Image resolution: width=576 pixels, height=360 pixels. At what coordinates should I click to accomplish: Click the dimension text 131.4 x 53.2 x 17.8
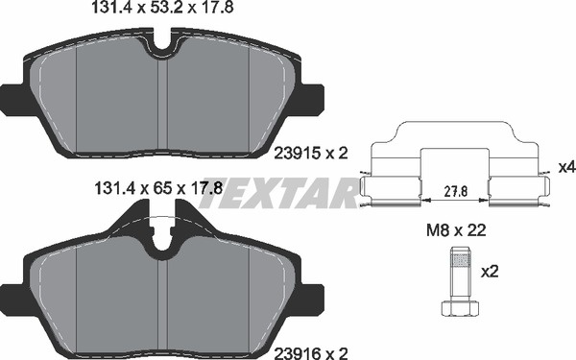pyautogui.click(x=162, y=8)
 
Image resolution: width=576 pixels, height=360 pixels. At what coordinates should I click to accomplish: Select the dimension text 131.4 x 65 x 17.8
pyautogui.click(x=158, y=189)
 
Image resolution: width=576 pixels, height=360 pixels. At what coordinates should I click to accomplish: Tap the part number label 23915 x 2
pyautogui.click(x=311, y=154)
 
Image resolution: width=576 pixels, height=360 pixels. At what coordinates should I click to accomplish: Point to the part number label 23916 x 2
pyautogui.click(x=311, y=353)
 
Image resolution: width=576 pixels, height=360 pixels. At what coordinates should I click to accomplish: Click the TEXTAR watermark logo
pyautogui.click(x=279, y=193)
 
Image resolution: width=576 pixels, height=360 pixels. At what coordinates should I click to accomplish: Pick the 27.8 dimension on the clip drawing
pyautogui.click(x=455, y=191)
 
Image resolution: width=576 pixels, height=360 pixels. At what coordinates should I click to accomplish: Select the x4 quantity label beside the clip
pyautogui.click(x=566, y=167)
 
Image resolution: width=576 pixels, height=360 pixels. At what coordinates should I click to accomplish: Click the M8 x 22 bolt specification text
pyautogui.click(x=456, y=230)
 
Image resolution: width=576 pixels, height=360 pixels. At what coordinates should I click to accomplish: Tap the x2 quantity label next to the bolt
pyautogui.click(x=490, y=272)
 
